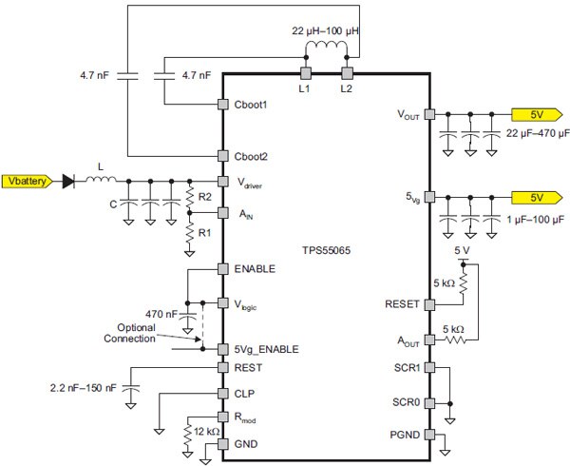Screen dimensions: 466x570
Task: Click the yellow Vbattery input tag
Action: (28, 180)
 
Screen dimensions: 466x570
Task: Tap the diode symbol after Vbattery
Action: (67, 180)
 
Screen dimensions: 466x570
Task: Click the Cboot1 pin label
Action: (252, 104)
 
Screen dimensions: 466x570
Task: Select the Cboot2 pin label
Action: (252, 155)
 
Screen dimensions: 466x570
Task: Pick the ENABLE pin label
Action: (254, 269)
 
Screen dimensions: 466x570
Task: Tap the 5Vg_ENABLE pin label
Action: (265, 349)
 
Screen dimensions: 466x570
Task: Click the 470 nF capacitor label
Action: (160, 313)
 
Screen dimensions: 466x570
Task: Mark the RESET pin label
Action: (403, 305)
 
